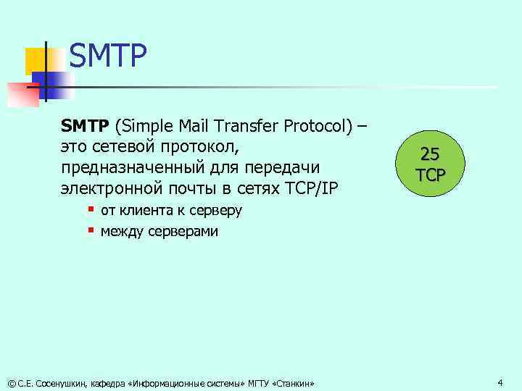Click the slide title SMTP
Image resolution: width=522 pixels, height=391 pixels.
pos(108,56)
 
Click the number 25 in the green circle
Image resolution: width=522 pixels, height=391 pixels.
pos(430,154)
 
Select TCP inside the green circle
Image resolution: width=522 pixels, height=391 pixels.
pos(431,175)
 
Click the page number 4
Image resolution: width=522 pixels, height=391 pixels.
pos(500,382)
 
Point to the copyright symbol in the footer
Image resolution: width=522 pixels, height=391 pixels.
pos(11,382)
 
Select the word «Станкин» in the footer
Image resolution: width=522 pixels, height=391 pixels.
pos(294,382)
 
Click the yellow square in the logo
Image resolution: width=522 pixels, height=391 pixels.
pos(36,61)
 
